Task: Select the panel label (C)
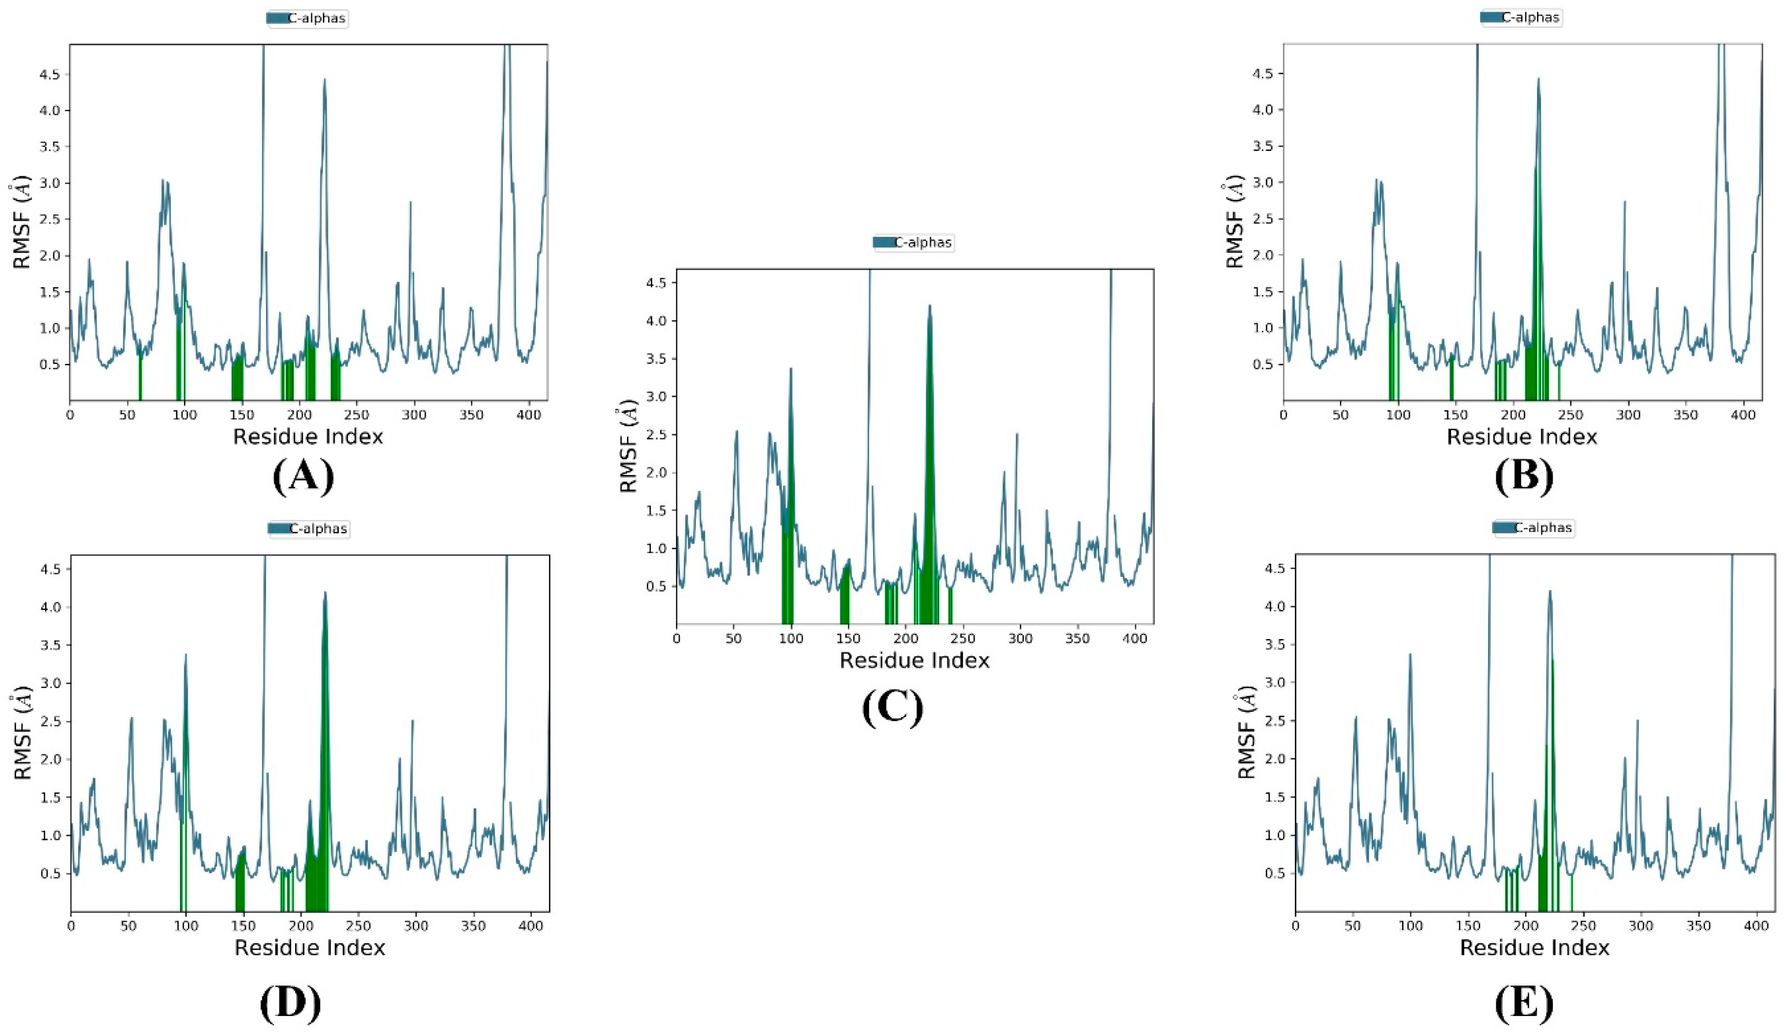893,709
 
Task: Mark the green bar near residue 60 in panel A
140,379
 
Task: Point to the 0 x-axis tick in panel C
677,638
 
